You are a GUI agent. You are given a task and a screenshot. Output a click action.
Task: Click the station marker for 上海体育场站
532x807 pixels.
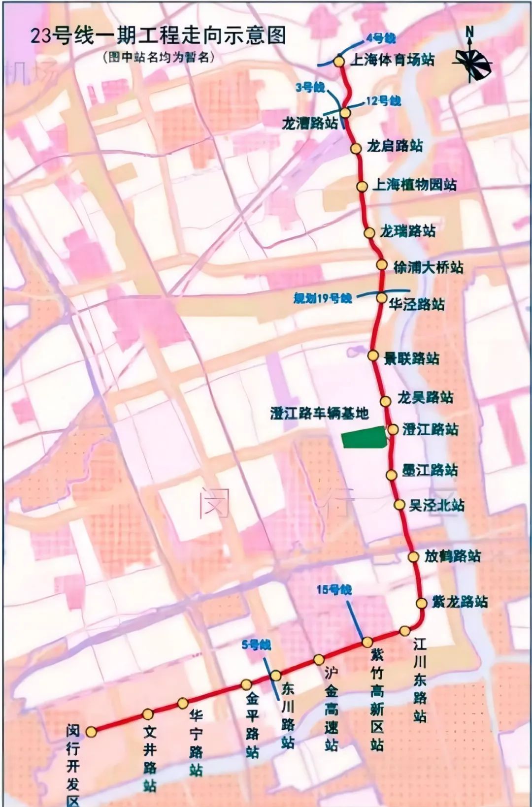(339, 62)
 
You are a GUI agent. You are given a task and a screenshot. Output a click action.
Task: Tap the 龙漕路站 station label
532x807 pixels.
(310, 123)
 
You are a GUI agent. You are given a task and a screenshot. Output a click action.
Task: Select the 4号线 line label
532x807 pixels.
(380, 39)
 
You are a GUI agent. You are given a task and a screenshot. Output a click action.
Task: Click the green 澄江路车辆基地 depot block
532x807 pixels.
(365, 438)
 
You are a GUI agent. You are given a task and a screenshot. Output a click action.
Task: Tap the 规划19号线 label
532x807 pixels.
(323, 298)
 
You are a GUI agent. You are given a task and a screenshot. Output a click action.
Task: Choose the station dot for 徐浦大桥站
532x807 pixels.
(382, 265)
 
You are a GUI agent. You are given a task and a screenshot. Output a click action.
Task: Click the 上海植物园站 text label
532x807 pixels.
(414, 185)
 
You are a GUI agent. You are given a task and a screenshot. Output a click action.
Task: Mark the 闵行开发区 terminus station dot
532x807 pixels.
(91, 732)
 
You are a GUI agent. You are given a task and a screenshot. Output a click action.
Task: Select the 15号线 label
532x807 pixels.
(334, 589)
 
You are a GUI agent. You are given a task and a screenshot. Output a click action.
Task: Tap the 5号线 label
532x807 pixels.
(256, 645)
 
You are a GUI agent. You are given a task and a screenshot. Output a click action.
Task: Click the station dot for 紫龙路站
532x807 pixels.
(422, 603)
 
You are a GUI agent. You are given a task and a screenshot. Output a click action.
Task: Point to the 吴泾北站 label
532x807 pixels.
(436, 505)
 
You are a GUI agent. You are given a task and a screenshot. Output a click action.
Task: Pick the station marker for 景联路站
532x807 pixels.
(373, 356)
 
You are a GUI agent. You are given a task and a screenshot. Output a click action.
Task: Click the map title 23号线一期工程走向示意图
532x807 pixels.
(158, 36)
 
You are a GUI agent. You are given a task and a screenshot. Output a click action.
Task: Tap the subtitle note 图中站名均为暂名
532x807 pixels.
(159, 57)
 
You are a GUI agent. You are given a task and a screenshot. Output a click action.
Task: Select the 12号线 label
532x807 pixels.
(383, 101)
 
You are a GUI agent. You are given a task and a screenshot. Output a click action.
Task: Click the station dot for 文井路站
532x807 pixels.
(147, 714)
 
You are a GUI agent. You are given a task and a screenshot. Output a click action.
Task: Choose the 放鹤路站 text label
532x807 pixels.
(452, 556)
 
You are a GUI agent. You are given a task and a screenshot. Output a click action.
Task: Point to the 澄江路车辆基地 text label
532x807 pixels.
(319, 413)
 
